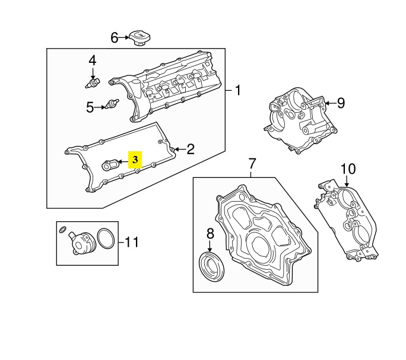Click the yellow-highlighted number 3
click(x=135, y=160)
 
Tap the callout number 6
click(x=115, y=38)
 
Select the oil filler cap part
click(x=140, y=38)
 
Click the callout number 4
click(x=93, y=60)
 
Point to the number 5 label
click(x=90, y=107)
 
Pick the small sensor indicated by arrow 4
click(x=93, y=82)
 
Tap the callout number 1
click(x=237, y=90)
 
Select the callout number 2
click(x=191, y=149)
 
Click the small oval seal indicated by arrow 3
click(x=109, y=165)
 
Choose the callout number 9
click(x=341, y=103)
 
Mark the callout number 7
click(x=252, y=164)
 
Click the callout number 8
click(x=210, y=234)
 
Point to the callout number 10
click(x=348, y=169)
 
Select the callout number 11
click(x=132, y=242)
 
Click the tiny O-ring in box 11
click(x=63, y=230)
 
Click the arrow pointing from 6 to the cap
click(x=124, y=37)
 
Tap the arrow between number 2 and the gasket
click(x=180, y=149)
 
